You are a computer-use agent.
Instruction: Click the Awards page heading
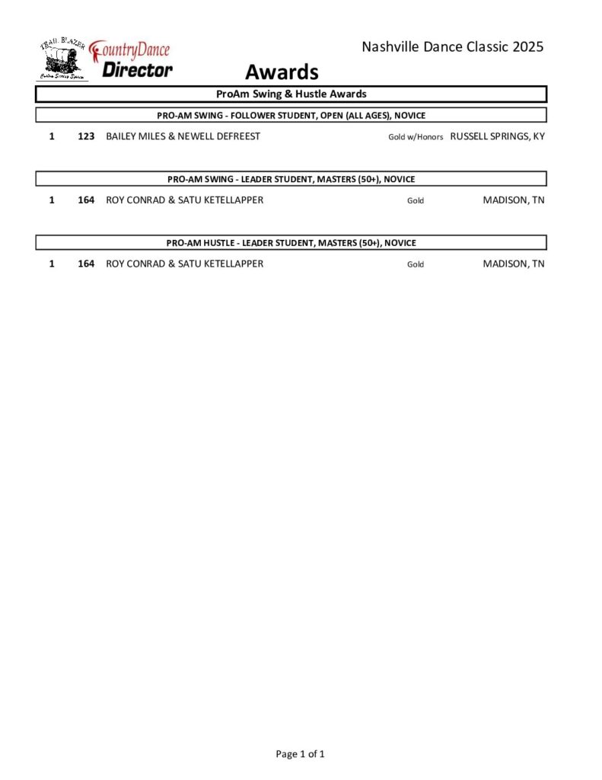coord(281,72)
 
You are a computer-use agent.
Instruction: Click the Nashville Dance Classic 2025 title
coord(453,47)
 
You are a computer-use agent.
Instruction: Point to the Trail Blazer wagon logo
coord(62,59)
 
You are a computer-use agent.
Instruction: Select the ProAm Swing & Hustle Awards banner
coord(291,94)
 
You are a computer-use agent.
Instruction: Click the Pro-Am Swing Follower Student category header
coord(291,116)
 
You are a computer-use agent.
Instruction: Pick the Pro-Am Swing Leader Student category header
coord(291,179)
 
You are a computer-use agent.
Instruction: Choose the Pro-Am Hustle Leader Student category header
coord(291,243)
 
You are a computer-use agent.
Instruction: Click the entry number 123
coord(86,136)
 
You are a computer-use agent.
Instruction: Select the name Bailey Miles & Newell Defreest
coord(183,136)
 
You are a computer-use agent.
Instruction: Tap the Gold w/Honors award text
coord(416,137)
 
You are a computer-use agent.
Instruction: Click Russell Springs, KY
coord(498,136)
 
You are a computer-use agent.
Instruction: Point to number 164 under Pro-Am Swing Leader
coord(86,200)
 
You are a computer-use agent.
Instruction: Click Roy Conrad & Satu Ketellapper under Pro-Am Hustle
coord(185,264)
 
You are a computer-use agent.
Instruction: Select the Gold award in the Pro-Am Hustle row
coord(416,264)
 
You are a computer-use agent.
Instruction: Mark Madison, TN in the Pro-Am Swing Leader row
coord(514,200)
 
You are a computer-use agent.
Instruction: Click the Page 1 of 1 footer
coord(301,754)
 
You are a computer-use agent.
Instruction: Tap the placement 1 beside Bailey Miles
coord(52,136)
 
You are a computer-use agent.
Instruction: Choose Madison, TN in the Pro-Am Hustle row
coord(514,264)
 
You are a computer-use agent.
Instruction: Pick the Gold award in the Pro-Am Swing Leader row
coord(416,201)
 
